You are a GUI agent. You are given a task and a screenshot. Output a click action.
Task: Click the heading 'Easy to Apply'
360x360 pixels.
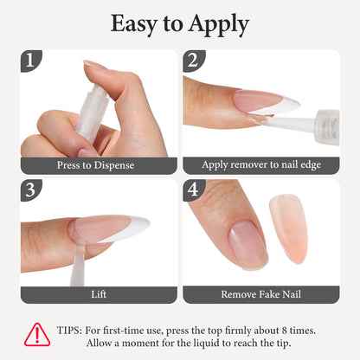coord(180,23)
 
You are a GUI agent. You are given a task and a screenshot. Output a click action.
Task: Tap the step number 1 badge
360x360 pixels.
coord(30,61)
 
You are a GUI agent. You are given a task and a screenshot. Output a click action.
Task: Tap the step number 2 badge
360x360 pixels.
coord(194,61)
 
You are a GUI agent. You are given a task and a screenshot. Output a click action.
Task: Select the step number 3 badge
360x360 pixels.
coord(30,190)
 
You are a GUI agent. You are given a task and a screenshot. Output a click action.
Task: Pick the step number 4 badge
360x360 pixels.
coord(194,190)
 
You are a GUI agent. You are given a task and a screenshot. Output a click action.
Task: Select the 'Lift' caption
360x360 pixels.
coord(99,294)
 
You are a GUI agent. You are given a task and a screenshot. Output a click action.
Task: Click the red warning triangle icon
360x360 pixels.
coord(37,334)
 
